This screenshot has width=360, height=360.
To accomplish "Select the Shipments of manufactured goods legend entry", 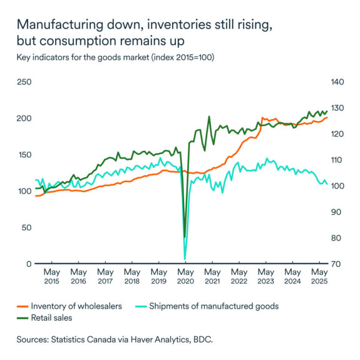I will tap(228, 306).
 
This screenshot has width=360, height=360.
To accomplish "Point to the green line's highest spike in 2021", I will tap(209, 116).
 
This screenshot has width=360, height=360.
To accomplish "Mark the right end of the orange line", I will tap(327, 117).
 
